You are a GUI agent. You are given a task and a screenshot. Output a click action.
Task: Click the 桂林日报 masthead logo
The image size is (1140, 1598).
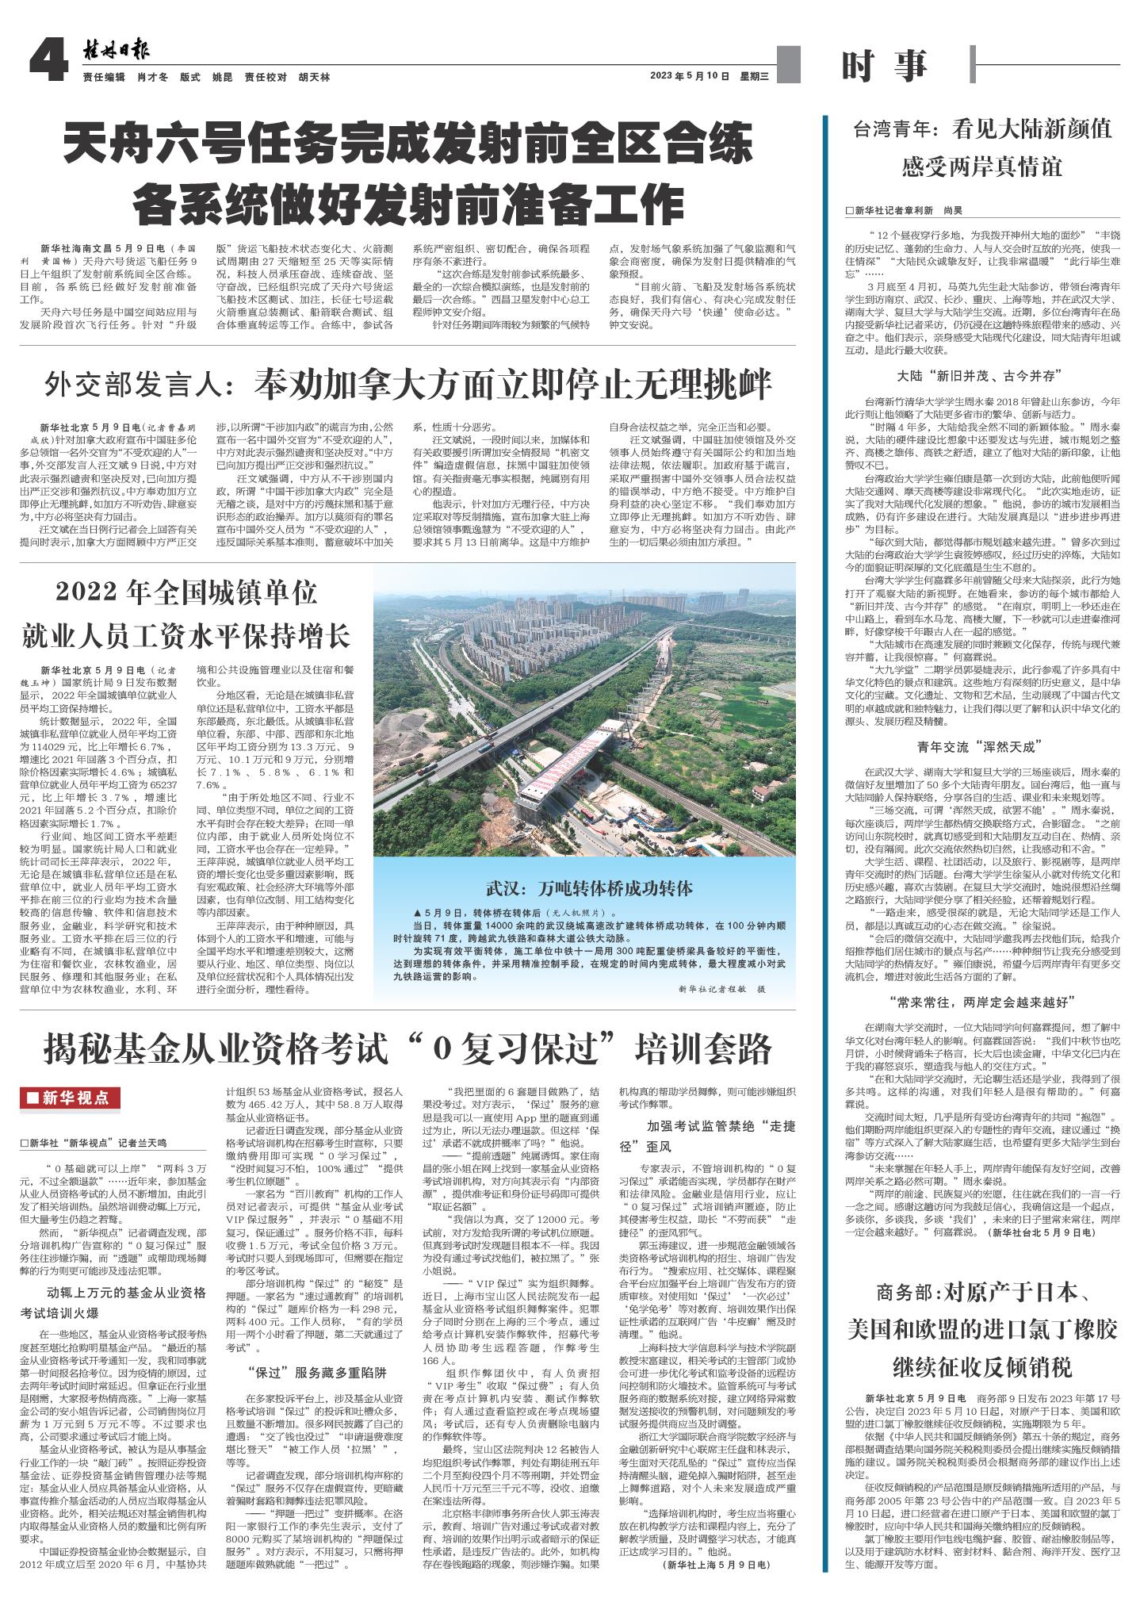click(x=117, y=52)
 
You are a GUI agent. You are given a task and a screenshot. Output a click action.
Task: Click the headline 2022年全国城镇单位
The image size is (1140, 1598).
click(x=186, y=592)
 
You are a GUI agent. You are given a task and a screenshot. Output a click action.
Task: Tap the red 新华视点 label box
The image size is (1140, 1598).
click(x=71, y=1098)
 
